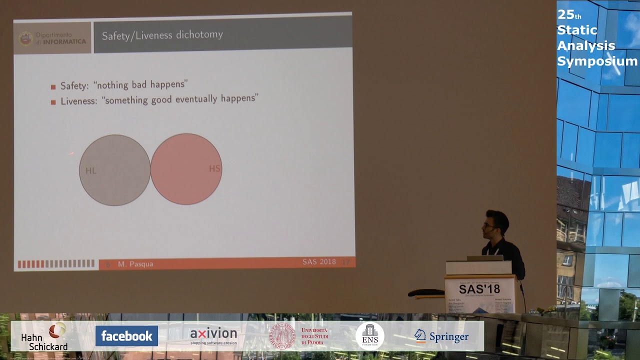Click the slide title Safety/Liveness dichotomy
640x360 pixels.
point(162,35)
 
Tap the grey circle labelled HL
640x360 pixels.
point(115,170)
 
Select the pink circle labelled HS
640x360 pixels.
point(186,169)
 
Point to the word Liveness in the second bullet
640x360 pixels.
point(78,101)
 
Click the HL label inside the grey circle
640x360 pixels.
point(90,170)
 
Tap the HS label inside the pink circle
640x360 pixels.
point(214,168)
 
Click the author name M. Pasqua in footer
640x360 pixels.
point(135,263)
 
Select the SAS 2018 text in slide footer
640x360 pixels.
point(319,261)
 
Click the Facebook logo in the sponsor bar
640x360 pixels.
point(126,336)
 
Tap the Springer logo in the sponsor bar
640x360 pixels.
point(441,336)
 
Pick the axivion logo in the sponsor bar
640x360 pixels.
point(213,335)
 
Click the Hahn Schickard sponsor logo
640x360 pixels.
point(45,336)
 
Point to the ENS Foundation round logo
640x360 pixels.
point(370,336)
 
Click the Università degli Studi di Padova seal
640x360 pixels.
point(282,336)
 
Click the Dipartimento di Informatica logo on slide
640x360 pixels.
point(52,38)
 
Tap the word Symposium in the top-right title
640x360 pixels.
point(597,61)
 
